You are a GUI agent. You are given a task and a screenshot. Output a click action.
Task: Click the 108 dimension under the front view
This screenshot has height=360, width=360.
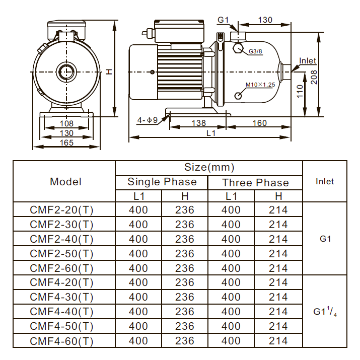pyautogui.click(x=66, y=123)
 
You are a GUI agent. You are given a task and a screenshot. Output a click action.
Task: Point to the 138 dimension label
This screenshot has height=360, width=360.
pyautogui.click(x=199, y=123)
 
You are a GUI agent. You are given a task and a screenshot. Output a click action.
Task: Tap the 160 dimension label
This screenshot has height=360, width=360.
pyautogui.click(x=259, y=123)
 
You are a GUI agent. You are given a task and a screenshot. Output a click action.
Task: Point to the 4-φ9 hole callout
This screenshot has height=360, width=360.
pyautogui.click(x=148, y=120)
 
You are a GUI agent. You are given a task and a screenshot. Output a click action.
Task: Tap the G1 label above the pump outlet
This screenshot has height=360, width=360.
pyautogui.click(x=224, y=20)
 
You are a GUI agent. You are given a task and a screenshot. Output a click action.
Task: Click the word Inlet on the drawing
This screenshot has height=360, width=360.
pyautogui.click(x=308, y=61)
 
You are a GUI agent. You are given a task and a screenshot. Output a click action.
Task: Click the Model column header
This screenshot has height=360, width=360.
pyautogui.click(x=65, y=182)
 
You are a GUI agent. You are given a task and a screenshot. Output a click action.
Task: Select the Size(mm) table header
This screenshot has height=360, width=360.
pyautogui.click(x=209, y=167)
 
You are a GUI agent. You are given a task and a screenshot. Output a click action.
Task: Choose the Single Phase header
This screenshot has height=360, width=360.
pyautogui.click(x=162, y=182)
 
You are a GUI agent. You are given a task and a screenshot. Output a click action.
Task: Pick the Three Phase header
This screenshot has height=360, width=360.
pyautogui.click(x=256, y=182)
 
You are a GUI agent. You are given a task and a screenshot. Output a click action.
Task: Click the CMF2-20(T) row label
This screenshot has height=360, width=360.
pyautogui.click(x=62, y=210)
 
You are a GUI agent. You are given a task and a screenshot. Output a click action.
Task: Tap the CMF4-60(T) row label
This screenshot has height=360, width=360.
pyautogui.click(x=62, y=341)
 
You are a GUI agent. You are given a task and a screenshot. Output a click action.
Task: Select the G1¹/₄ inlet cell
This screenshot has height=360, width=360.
pyautogui.click(x=325, y=312)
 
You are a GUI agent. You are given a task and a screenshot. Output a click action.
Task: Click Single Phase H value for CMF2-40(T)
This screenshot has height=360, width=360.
pyautogui.click(x=185, y=239)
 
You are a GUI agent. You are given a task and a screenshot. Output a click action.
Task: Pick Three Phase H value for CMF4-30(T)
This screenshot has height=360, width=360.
pyautogui.click(x=278, y=297)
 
